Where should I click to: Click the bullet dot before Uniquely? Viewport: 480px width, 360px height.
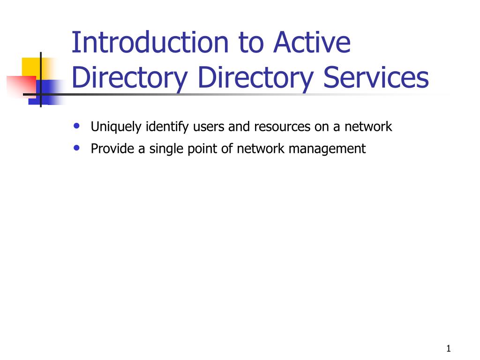pos(77,126)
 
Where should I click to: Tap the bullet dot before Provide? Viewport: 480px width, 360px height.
pos(77,148)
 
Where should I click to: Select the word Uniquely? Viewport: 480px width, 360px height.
pos(116,127)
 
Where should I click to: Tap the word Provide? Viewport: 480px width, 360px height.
pos(109,149)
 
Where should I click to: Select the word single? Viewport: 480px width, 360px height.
pos(165,150)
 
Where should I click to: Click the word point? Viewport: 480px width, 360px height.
pos(200,149)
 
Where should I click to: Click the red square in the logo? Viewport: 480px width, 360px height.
pos(19,85)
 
